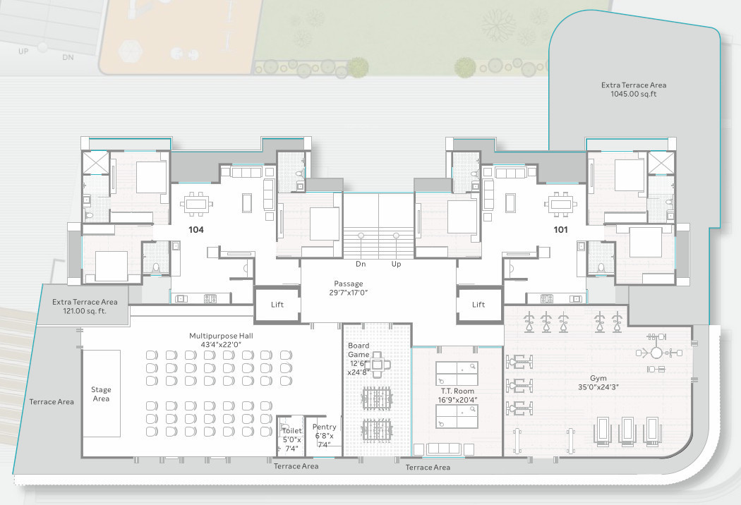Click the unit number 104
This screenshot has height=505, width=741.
(x=196, y=230)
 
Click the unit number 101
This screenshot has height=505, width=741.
(x=560, y=230)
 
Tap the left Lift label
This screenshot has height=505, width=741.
(x=277, y=305)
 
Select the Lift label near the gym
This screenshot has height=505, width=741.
(x=478, y=305)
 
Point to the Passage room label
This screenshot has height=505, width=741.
(x=349, y=288)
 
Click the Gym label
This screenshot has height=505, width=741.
(x=598, y=383)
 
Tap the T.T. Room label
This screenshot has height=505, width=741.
(x=457, y=396)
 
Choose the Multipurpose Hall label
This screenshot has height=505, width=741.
(x=221, y=340)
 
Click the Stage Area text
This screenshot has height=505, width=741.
(x=101, y=394)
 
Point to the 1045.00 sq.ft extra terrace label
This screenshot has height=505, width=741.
(x=634, y=90)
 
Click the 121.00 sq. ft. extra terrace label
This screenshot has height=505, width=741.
(x=85, y=307)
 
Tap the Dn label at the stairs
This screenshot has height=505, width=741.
(x=361, y=264)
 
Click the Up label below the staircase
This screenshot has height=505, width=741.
(x=396, y=264)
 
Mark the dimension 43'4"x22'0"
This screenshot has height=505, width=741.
(x=221, y=345)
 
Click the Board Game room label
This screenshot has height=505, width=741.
(x=359, y=359)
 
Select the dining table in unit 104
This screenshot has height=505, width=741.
(x=196, y=204)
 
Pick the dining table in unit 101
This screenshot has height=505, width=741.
(x=560, y=204)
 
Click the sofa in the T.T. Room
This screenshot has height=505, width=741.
(x=450, y=449)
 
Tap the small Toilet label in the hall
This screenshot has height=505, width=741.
(x=291, y=439)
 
